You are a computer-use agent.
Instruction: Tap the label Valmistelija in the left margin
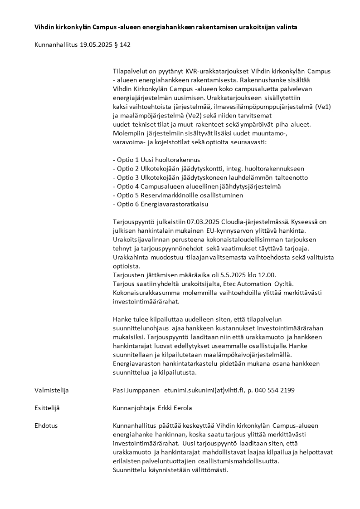[51, 390]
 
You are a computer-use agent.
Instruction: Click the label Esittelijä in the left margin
[47, 408]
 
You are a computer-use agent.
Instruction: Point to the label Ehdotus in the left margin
[46, 426]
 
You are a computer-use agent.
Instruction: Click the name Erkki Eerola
[175, 408]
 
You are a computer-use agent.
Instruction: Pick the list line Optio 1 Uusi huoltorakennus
[156, 160]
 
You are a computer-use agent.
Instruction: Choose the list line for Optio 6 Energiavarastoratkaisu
[160, 204]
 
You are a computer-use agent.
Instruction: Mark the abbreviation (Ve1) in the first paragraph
[322, 107]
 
